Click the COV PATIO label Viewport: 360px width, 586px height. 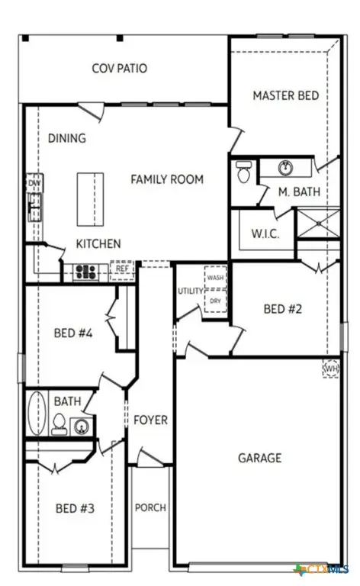[120, 69]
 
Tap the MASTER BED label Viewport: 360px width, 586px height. [285, 95]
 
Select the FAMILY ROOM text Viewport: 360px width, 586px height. [167, 179]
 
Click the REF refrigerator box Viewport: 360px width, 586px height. [122, 269]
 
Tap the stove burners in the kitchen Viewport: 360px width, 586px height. [85, 270]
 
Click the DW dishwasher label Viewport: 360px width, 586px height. [34, 184]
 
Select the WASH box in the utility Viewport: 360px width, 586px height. [215, 278]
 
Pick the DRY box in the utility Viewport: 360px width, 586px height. [215, 301]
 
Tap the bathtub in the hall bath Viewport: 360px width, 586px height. [36, 414]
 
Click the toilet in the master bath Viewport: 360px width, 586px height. [244, 171]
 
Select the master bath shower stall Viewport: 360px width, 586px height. [317, 222]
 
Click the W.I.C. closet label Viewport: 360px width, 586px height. [265, 233]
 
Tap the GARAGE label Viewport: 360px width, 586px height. [259, 458]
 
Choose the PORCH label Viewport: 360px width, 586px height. [150, 507]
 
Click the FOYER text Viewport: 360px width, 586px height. [150, 420]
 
